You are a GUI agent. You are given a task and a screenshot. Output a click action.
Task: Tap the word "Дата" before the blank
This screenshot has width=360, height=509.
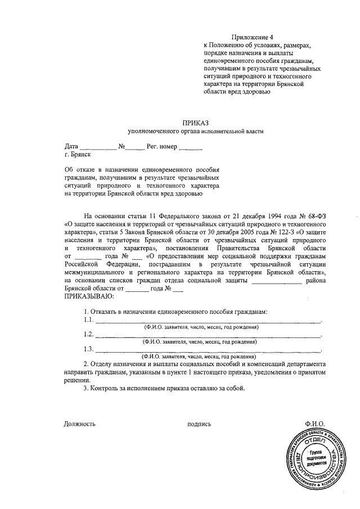pyautogui.click(x=72, y=147)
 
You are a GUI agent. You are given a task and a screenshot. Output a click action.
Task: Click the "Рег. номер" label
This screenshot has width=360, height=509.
pyautogui.click(x=161, y=147)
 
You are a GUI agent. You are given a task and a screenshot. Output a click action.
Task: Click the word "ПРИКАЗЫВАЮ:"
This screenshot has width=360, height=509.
pyautogui.click(x=89, y=296)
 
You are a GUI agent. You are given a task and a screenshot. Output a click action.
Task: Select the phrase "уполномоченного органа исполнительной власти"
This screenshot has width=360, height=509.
pyautogui.click(x=195, y=131)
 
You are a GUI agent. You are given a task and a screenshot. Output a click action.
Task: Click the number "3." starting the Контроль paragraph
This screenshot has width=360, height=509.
pyautogui.click(x=85, y=388)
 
